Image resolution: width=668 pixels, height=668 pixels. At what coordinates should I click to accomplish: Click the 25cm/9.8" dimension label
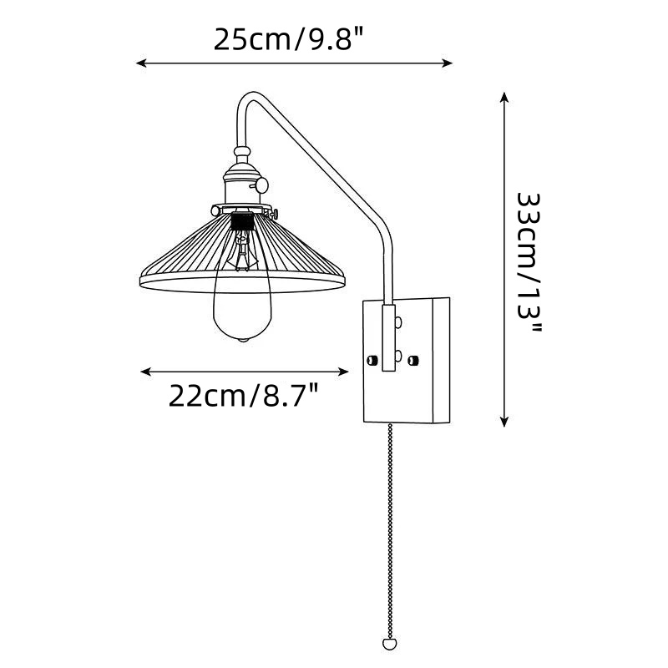pyautogui.click(x=288, y=39)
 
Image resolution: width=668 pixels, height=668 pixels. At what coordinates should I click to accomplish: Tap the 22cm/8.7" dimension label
pyautogui.click(x=243, y=396)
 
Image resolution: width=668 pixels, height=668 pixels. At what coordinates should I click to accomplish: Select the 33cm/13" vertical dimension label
pyautogui.click(x=529, y=262)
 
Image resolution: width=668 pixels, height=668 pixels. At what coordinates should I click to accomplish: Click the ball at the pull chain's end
pyautogui.click(x=389, y=643)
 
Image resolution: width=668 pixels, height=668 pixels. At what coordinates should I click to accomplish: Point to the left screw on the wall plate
pyautogui.click(x=372, y=361)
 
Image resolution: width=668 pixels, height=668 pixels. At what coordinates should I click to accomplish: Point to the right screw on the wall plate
pyautogui.click(x=412, y=361)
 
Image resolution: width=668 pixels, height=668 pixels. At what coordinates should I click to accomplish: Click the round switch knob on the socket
pyautogui.click(x=261, y=185)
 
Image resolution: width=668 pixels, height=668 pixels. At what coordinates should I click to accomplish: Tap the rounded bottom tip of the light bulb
pyautogui.click(x=243, y=340)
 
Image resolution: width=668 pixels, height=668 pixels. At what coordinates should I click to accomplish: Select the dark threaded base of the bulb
pyautogui.click(x=242, y=221)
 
